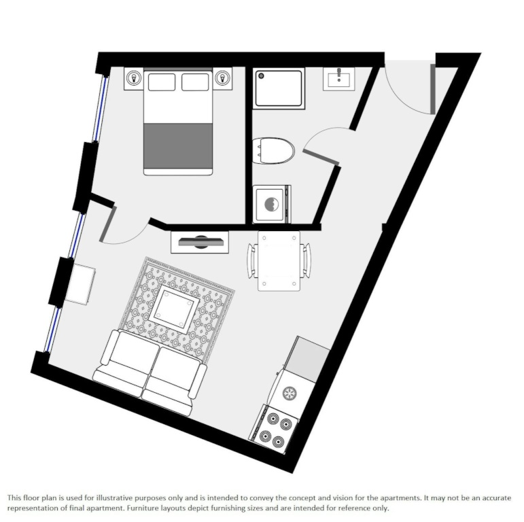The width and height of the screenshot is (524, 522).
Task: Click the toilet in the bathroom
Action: [273, 150]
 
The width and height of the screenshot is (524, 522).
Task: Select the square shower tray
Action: [279, 88]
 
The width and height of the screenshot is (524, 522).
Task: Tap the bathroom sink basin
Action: [339, 80]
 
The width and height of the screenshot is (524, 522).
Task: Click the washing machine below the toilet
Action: [272, 204]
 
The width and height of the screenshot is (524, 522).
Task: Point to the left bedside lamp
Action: [134, 78]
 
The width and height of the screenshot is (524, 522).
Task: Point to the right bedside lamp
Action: [222, 78]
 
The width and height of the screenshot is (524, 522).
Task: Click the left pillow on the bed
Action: [162, 82]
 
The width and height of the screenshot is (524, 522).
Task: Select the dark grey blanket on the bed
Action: [178, 146]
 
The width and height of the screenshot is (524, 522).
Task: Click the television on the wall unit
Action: [200, 241]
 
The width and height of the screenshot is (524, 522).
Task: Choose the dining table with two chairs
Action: [279, 261]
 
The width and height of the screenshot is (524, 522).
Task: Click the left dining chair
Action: [252, 261]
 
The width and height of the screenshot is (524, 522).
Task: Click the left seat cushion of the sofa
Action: [133, 353]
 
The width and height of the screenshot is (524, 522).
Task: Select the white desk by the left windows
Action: [80, 284]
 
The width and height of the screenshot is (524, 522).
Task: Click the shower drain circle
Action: [262, 76]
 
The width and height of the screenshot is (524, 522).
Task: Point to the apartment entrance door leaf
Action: [433, 89]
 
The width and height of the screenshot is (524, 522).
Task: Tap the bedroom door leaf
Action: [108, 224]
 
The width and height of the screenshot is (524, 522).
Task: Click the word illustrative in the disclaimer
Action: [114, 498]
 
